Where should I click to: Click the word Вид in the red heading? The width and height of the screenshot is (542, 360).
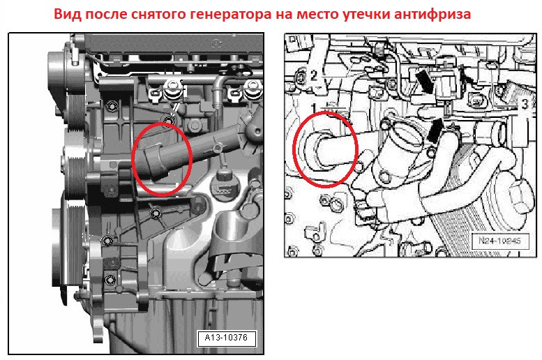[x=68, y=14]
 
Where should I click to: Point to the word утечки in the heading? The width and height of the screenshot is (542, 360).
[x=366, y=15]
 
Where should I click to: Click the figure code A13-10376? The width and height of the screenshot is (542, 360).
[x=227, y=338]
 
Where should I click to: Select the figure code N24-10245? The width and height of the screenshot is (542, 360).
[x=500, y=240]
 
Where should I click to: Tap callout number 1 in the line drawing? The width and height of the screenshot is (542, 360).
[x=314, y=109]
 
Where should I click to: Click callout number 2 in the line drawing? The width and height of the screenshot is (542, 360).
[x=313, y=75]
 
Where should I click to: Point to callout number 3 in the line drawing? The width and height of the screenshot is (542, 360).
[x=525, y=104]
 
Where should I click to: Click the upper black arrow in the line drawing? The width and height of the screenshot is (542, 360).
[x=424, y=81]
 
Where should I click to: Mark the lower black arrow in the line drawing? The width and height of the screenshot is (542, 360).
[x=435, y=130]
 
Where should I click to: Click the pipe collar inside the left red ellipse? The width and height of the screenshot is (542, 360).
[x=155, y=161]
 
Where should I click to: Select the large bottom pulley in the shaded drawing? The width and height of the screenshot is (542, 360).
[x=68, y=246]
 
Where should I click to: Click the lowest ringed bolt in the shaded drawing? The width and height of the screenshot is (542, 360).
[x=110, y=279]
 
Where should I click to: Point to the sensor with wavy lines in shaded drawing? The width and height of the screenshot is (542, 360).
[x=225, y=184]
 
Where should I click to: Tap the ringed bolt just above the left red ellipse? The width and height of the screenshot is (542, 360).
[x=170, y=120]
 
